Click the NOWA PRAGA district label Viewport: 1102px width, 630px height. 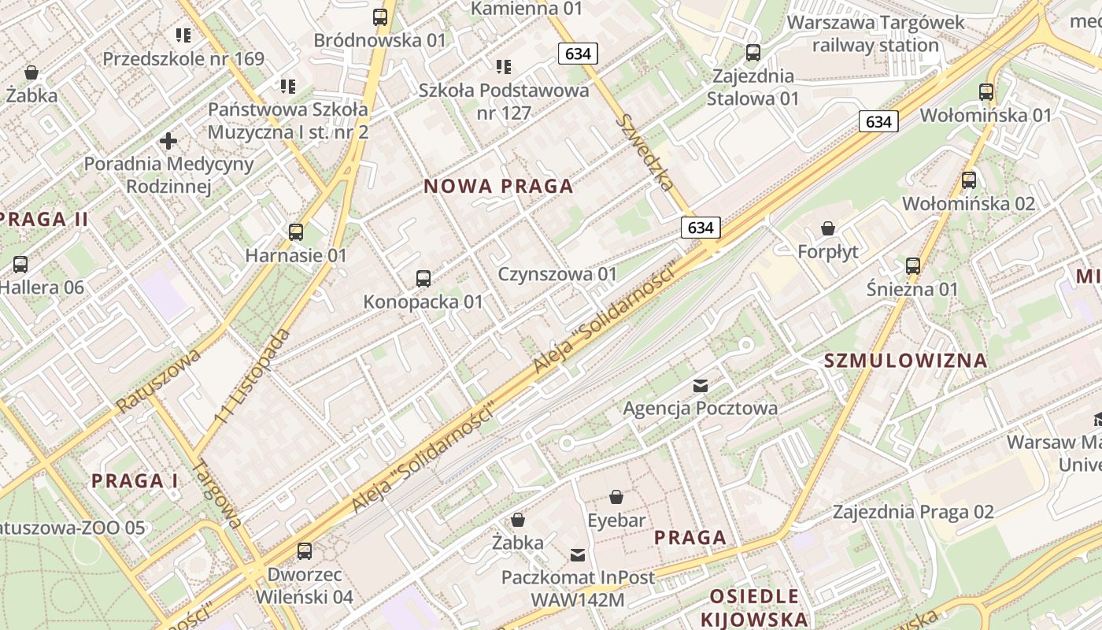coord(498,187)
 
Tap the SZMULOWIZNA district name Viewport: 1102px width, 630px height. coord(905,361)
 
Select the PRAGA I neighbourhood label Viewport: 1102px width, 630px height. coord(135,480)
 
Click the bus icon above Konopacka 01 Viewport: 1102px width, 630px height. coord(423,278)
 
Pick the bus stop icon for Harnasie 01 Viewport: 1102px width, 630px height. coord(296,232)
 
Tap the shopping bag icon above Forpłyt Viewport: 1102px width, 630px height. coord(828,229)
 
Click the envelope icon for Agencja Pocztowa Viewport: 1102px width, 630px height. coord(700,386)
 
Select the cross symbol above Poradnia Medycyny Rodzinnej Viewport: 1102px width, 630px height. coord(168,142)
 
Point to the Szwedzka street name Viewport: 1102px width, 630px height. coord(646,152)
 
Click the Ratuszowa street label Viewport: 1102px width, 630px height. coord(158,381)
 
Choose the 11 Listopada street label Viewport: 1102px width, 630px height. coord(253,377)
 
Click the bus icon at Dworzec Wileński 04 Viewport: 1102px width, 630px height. coord(305,551)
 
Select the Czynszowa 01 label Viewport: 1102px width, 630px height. coord(557,274)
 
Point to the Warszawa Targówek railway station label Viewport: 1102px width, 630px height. coord(875,34)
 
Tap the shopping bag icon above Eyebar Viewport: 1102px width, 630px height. coord(616,498)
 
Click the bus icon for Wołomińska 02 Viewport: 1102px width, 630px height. coord(969,180)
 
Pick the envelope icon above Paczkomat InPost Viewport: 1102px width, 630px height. coord(578,555)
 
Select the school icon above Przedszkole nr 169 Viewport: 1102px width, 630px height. coord(183,35)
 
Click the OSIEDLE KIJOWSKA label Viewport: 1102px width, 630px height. coord(754,607)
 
